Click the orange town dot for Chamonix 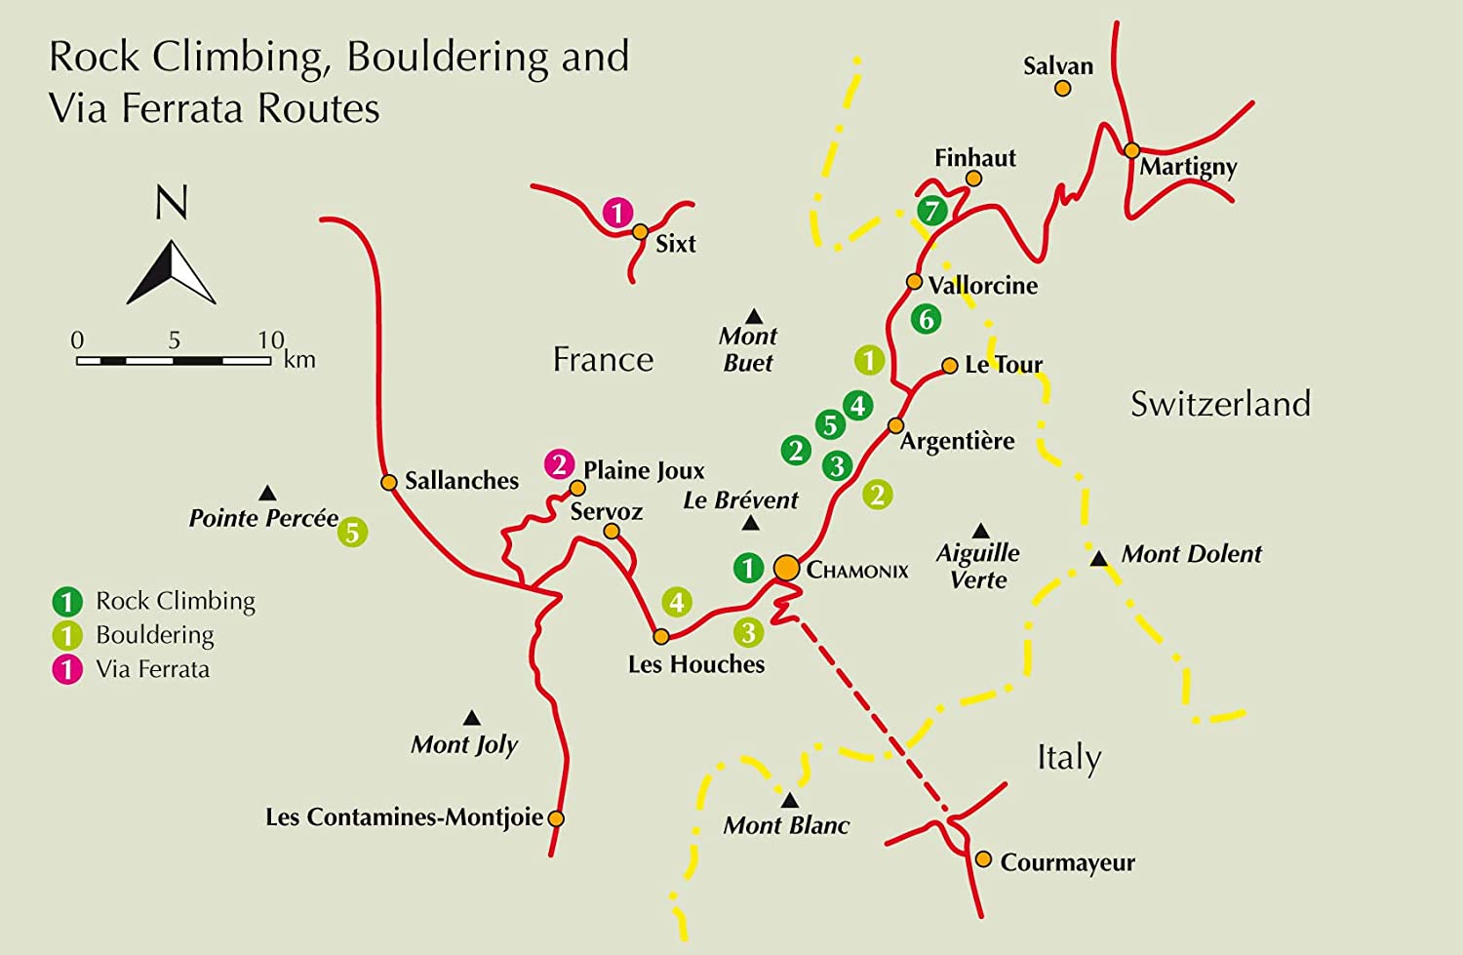point(786,568)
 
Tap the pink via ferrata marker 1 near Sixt point(617,213)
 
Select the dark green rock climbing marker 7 point(932,210)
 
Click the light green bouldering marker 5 point(353,533)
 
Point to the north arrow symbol point(172,273)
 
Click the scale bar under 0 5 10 point(174,361)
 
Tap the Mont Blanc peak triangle point(790,801)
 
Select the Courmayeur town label point(1067,863)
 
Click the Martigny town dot point(1131,150)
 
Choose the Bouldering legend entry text point(155,635)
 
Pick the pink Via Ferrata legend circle point(67,670)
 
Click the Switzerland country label point(1220,404)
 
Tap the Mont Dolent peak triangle point(1098,559)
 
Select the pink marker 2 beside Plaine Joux point(559,464)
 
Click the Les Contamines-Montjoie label point(404,817)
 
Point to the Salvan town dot point(1063,89)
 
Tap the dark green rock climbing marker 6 point(926,319)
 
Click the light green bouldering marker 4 point(677,602)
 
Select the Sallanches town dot point(388,482)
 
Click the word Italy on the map point(1069,758)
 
